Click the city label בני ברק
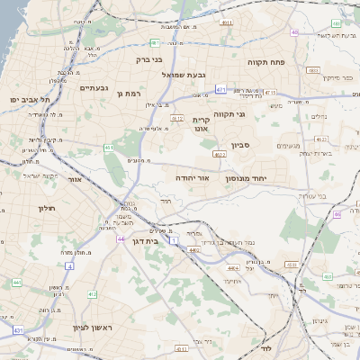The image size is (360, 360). coord(149,60)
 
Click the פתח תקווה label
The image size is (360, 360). coord(268,63)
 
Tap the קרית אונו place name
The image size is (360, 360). coord(201,124)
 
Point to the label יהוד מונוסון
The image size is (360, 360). coord(258,179)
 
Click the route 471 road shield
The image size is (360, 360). coord(221,89)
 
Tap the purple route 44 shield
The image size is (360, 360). coord(121,239)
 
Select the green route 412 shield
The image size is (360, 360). coord(92,294)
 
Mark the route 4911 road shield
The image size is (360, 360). coord(226,22)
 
